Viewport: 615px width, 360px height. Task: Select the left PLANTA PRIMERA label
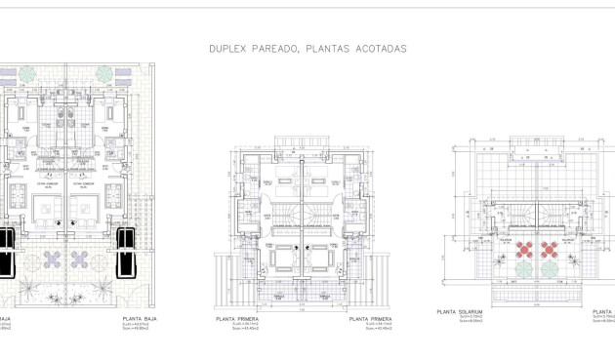point(234,318)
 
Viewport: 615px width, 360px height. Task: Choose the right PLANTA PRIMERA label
point(372,318)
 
